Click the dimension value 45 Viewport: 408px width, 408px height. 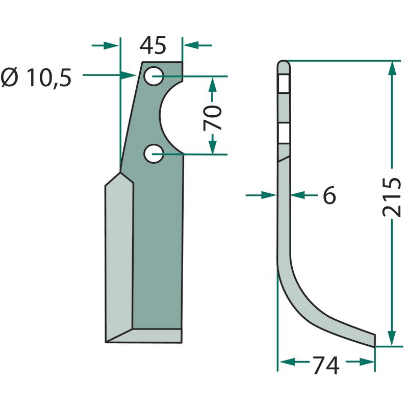click(152, 45)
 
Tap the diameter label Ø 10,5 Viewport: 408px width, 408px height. click(36, 78)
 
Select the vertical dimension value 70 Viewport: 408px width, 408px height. click(213, 118)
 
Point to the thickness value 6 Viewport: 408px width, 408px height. click(329, 195)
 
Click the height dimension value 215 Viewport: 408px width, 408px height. click(392, 197)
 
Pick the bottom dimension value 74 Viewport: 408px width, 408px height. click(326, 365)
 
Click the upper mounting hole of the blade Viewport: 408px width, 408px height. click(154, 75)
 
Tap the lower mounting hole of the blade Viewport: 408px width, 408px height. click(154, 154)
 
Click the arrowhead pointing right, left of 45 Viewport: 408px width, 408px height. click(111, 45)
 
